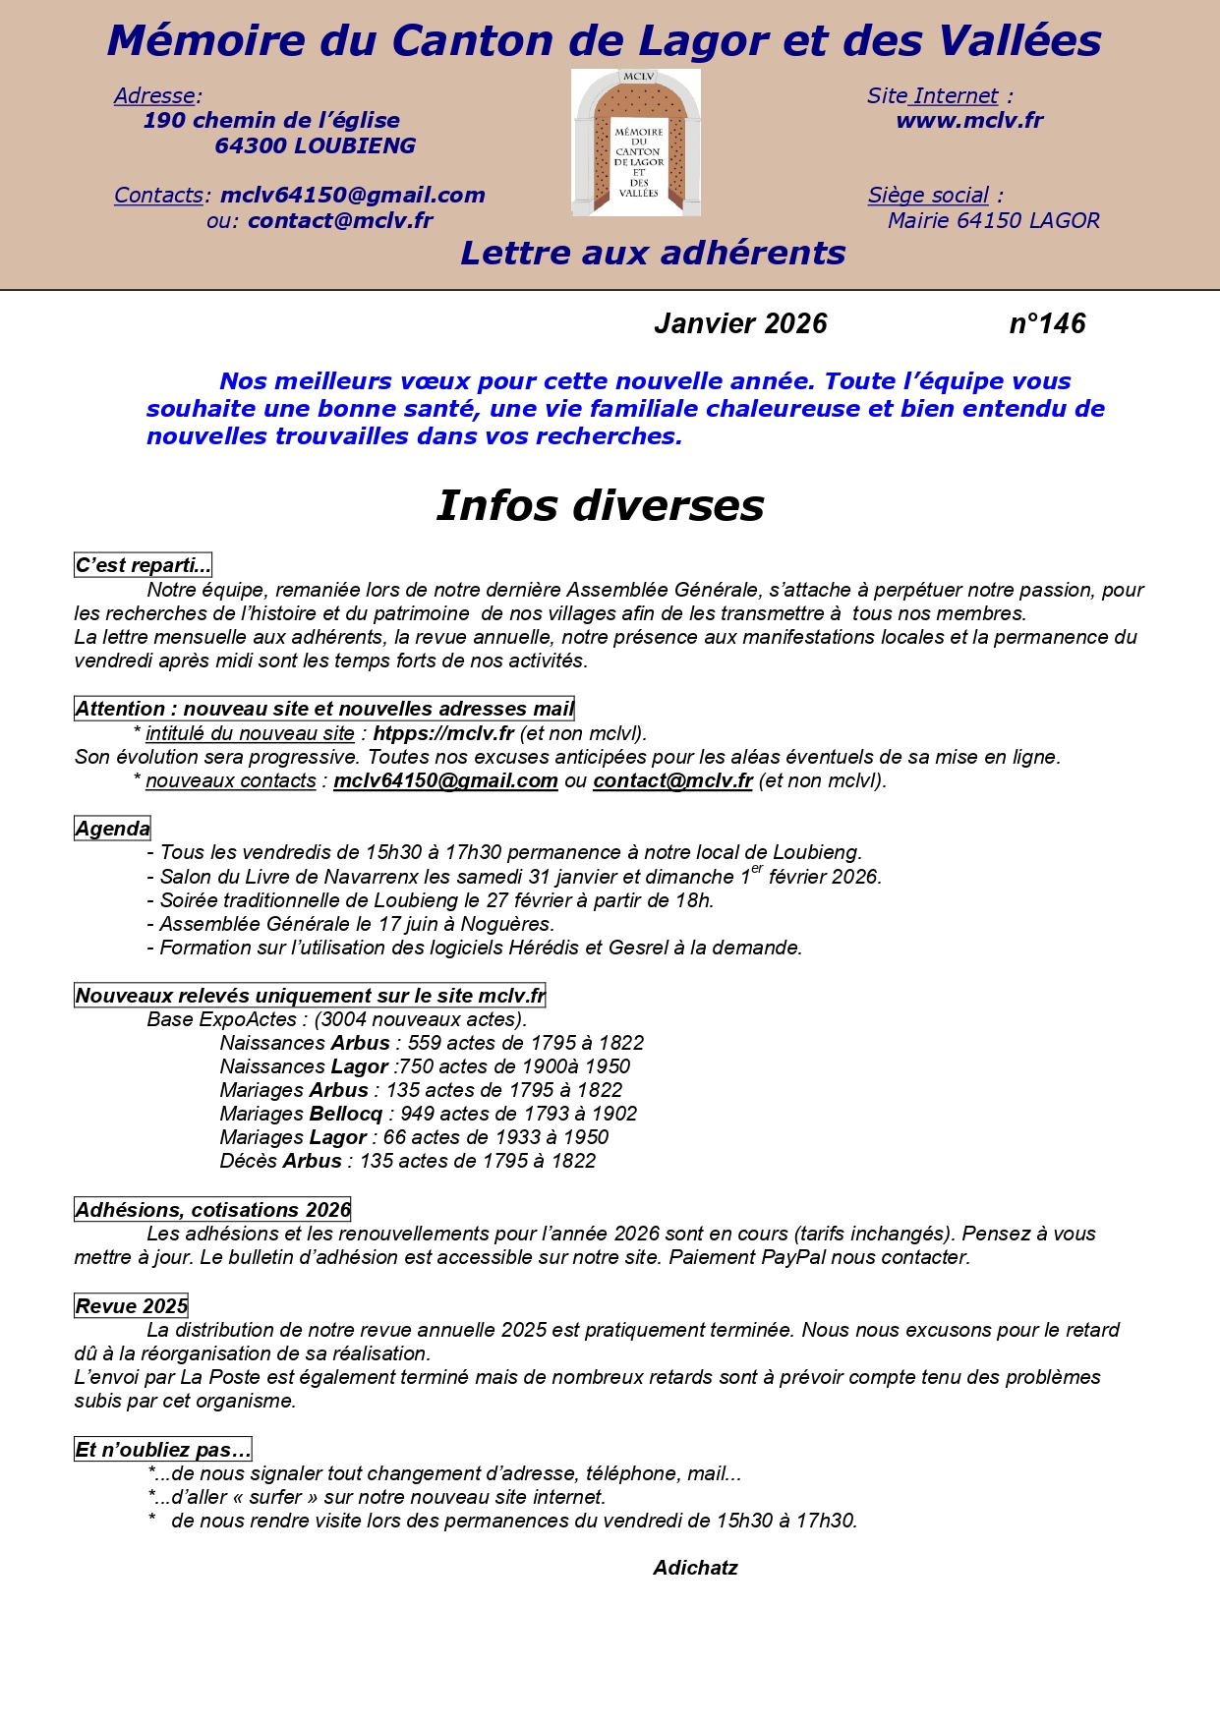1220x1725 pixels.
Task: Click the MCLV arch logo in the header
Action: click(x=636, y=144)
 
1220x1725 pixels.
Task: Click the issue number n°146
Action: click(x=1047, y=323)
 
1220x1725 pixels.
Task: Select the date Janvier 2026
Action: click(x=740, y=323)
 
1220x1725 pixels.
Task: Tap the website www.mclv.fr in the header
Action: click(x=968, y=121)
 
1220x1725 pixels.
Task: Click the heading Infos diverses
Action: click(x=600, y=505)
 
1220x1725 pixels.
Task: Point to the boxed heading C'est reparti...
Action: click(x=143, y=565)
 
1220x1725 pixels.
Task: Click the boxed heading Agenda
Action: click(x=113, y=829)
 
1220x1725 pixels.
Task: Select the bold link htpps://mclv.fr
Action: click(x=443, y=733)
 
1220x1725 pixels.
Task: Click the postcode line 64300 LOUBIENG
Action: click(x=315, y=145)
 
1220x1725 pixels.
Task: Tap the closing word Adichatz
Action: click(x=695, y=1568)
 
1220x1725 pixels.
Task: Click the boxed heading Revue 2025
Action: click(x=131, y=1306)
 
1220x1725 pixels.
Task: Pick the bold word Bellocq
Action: click(x=345, y=1114)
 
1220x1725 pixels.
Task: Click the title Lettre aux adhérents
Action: click(x=653, y=253)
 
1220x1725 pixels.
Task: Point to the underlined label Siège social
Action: click(x=928, y=196)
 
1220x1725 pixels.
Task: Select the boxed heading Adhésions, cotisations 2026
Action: click(x=212, y=1210)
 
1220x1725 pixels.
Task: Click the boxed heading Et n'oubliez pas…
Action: click(x=163, y=1450)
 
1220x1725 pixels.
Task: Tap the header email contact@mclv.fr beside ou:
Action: click(x=339, y=220)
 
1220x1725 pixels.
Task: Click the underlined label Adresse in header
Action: click(x=154, y=96)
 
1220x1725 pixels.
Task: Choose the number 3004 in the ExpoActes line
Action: click(x=344, y=1019)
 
